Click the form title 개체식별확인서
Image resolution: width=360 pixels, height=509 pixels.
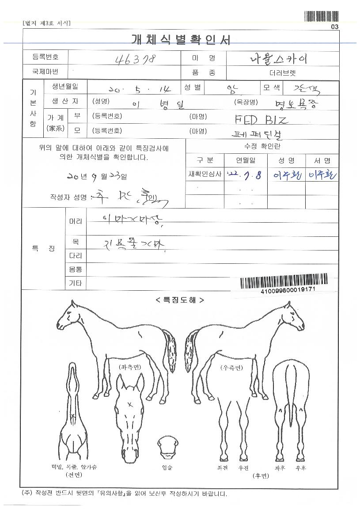(181, 40)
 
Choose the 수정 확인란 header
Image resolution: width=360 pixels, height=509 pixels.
(262, 146)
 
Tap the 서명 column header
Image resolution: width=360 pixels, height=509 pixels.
(322, 160)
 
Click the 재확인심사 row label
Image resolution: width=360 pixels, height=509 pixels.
(205, 175)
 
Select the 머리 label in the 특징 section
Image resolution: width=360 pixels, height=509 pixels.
(76, 220)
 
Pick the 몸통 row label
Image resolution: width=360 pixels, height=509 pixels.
(76, 269)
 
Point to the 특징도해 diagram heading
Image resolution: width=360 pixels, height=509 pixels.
(180, 300)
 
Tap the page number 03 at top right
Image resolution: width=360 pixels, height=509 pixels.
(334, 27)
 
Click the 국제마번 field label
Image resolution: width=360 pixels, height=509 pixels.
(45, 71)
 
